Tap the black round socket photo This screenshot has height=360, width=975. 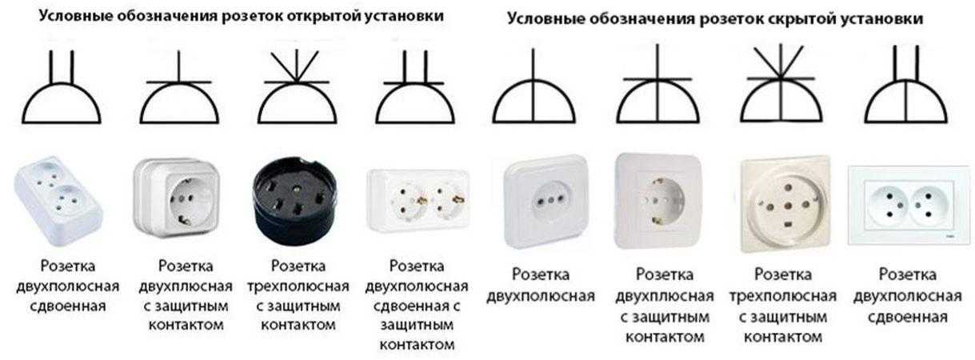tap(294, 200)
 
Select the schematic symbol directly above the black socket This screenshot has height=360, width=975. tap(297, 87)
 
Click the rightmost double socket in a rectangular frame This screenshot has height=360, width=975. tap(909, 206)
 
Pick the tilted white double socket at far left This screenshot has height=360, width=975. tap(58, 200)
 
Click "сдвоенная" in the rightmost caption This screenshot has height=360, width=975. tap(908, 318)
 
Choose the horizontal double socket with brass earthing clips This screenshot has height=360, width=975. tap(418, 200)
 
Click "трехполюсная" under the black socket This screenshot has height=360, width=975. tap(298, 286)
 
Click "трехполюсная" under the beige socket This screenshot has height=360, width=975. tap(782, 297)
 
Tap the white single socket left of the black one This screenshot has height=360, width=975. tap(177, 198)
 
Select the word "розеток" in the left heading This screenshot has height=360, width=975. tap(252, 17)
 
